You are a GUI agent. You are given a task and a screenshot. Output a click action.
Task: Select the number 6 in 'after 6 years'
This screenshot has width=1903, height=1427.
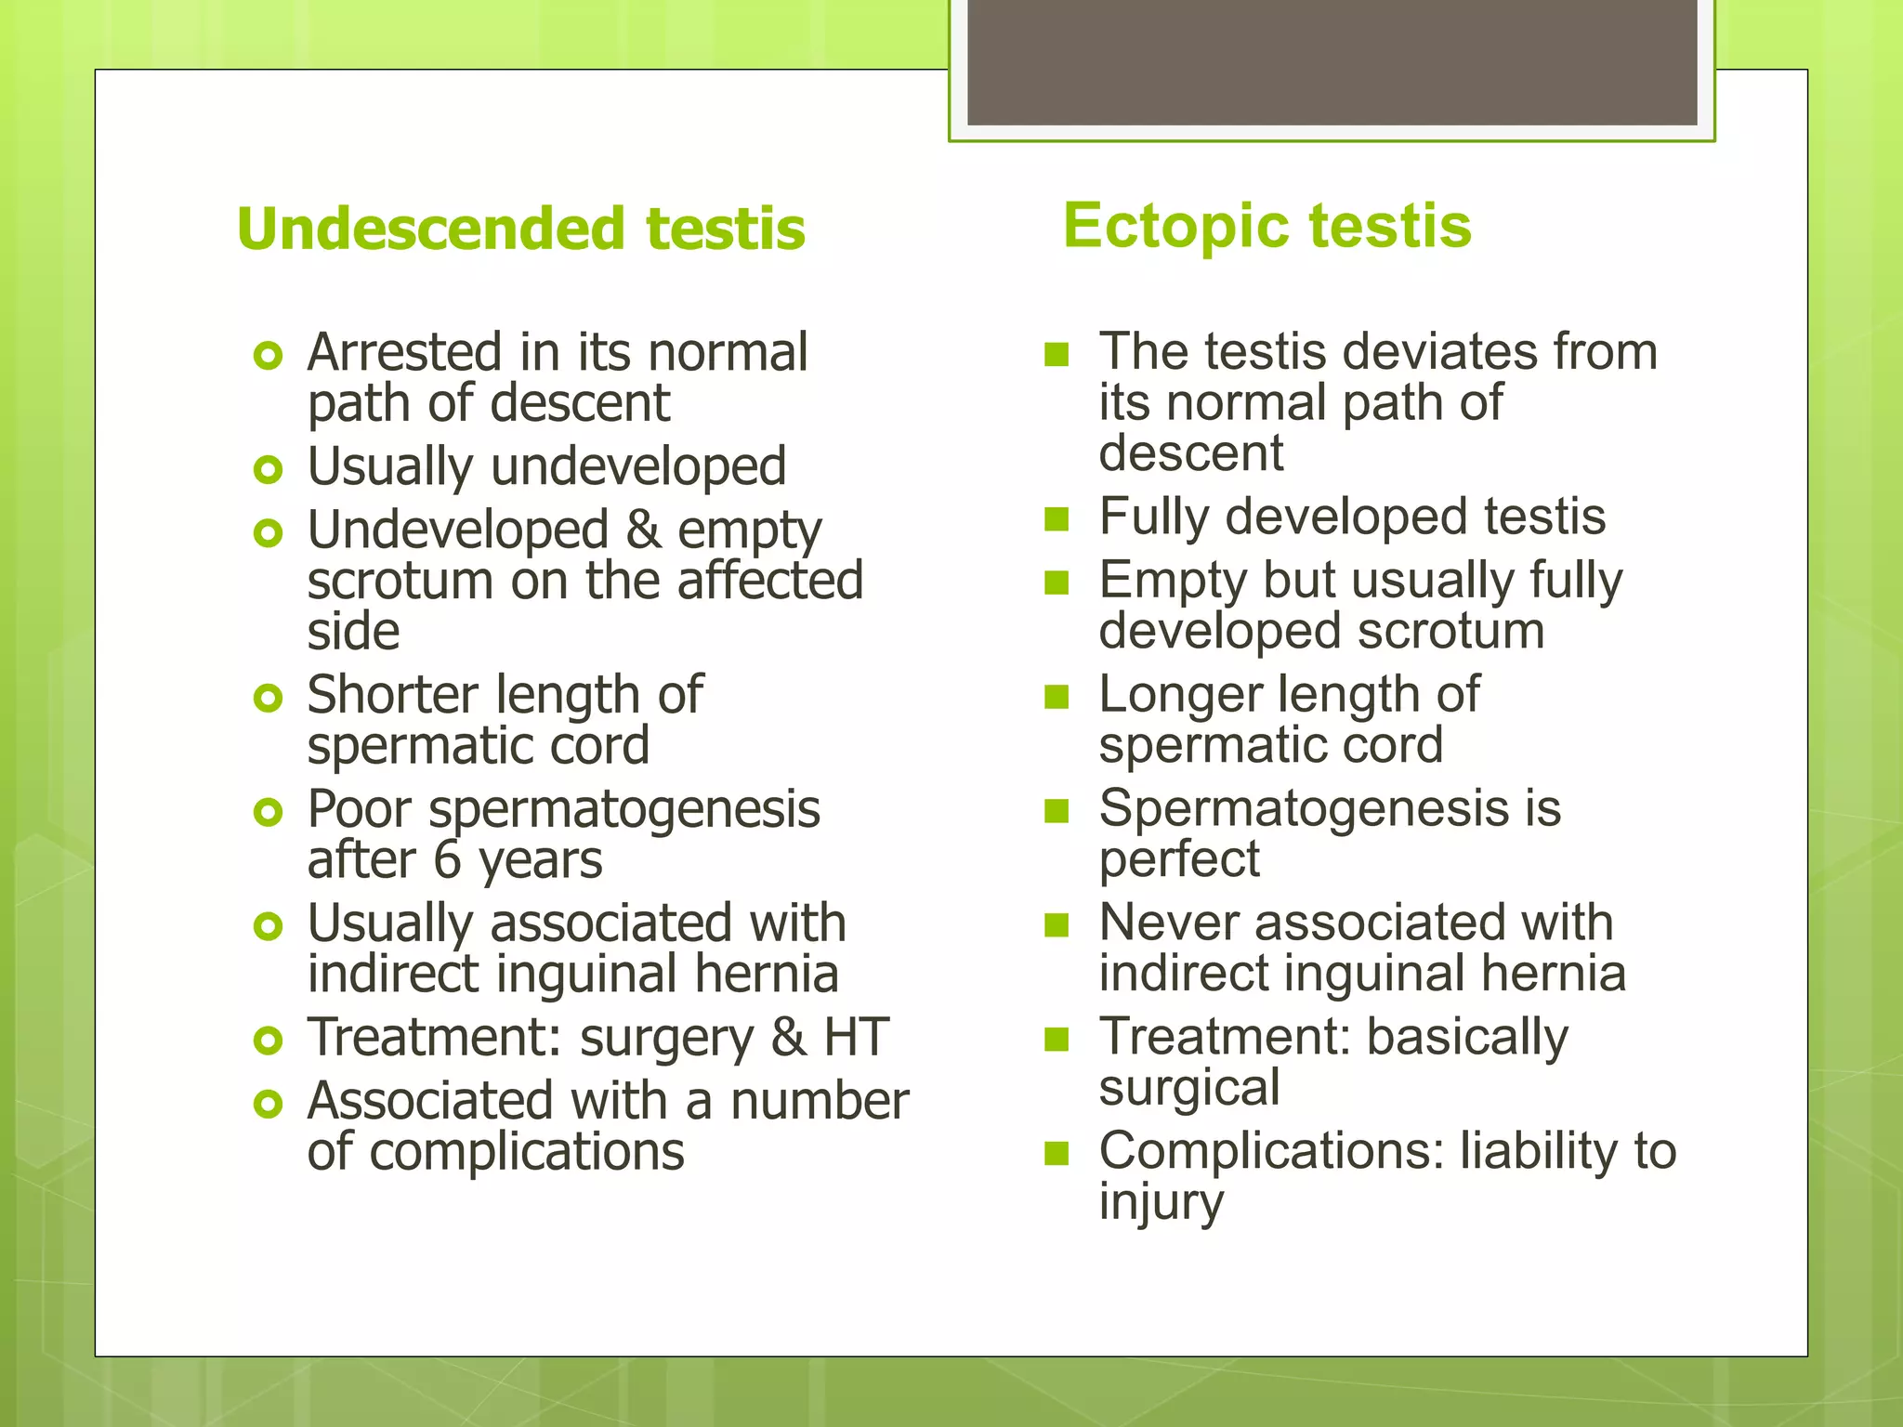click(447, 860)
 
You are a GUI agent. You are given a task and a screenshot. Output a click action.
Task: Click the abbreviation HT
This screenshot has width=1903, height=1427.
click(856, 1038)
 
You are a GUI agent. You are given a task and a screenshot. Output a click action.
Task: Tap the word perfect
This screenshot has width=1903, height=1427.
click(1179, 860)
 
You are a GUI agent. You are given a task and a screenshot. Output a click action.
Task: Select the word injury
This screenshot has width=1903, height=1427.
click(1161, 1202)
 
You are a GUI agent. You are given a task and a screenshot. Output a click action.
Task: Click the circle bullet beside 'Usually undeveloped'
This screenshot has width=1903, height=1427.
click(268, 469)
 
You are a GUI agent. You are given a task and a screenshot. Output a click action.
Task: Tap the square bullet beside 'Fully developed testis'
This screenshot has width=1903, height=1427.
click(1056, 518)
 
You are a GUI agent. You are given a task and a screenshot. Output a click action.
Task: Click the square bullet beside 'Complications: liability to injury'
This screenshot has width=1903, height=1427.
click(1056, 1153)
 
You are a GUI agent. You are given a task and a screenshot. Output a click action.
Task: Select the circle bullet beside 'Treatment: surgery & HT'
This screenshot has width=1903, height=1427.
click(268, 1041)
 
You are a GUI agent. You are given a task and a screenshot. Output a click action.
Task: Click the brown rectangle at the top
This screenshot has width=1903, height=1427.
click(1332, 61)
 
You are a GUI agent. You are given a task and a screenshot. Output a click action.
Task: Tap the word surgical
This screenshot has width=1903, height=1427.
click(1189, 1088)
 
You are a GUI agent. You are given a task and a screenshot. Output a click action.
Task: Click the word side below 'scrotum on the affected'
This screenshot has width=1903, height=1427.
click(353, 632)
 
